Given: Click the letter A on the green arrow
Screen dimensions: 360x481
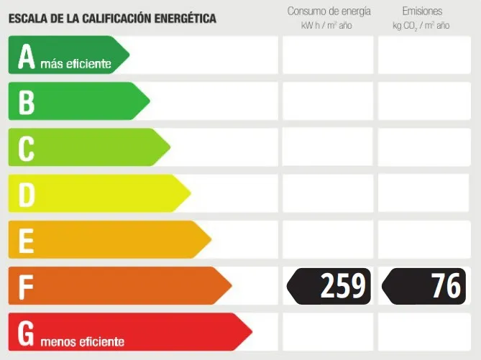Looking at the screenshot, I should [x=27, y=57].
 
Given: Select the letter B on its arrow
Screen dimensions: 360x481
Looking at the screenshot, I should [x=27, y=101].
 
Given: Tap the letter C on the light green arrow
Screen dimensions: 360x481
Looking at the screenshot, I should [x=27, y=148].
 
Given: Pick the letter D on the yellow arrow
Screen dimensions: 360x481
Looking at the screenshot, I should [x=27, y=194].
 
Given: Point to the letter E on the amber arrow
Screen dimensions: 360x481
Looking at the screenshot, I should [x=26, y=240].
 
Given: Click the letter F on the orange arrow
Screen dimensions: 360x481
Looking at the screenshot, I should [x=26, y=286].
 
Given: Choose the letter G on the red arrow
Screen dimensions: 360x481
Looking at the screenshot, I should [x=26, y=332].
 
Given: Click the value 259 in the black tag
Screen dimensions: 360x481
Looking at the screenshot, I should [x=343, y=286].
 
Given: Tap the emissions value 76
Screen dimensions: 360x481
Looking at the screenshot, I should [x=446, y=286].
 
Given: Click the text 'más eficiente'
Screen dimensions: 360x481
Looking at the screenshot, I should [x=76, y=65].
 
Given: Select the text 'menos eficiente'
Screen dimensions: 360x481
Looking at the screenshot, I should [x=82, y=342].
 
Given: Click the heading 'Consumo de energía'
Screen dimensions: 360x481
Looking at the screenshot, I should [x=329, y=11].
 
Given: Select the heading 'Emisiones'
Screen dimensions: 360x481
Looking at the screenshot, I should [x=422, y=11].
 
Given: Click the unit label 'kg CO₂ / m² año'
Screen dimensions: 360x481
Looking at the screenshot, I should [x=421, y=26].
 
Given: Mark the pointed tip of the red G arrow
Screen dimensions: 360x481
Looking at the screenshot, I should [x=252, y=332].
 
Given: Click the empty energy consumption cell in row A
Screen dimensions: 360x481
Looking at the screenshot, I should [x=328, y=55].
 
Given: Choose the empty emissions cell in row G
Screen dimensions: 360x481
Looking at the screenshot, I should [x=423, y=332].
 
